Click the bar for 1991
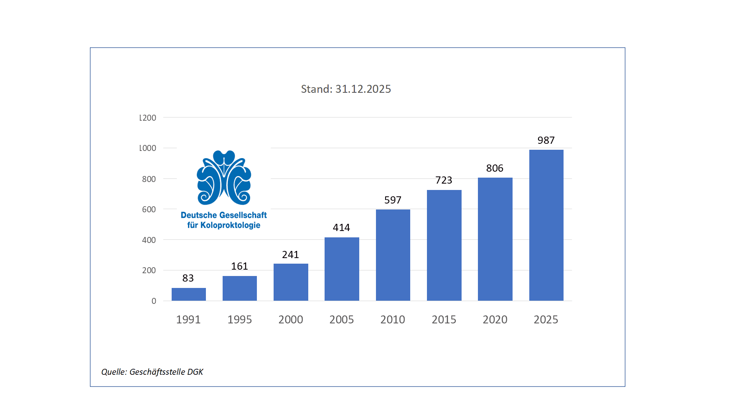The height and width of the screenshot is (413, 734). coord(188,294)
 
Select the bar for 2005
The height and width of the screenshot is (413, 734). coord(342,269)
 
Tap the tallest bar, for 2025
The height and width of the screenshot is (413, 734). coord(546,225)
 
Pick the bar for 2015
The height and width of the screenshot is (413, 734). coord(444,245)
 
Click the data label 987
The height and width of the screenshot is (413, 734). coord(546,140)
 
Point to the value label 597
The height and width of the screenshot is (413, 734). coord(393,200)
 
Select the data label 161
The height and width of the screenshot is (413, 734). coord(239,266)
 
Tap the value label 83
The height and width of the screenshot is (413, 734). coord(188,278)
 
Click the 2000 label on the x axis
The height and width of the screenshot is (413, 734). coord(291,319)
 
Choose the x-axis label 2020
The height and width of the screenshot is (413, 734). coord(495,319)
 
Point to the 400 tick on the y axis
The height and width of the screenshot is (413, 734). coord(149,240)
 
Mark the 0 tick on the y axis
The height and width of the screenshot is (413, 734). coord(154,301)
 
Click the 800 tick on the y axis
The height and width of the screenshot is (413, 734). coord(149,179)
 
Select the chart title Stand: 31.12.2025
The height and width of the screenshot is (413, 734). coord(346,89)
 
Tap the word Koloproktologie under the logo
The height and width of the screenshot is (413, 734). coord(230,225)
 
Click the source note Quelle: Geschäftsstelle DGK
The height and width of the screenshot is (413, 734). coord(152,372)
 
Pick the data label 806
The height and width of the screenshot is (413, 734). coord(495,168)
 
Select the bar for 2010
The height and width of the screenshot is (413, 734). coord(393,255)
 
